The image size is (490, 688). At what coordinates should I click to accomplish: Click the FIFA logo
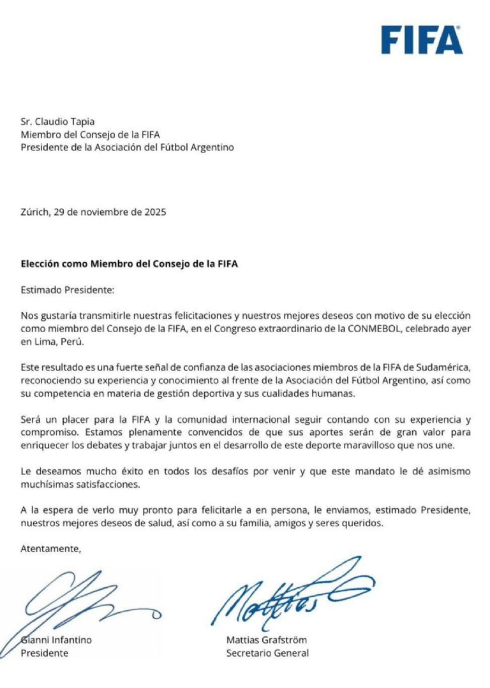click(422, 40)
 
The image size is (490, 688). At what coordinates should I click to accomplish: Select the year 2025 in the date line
click(153, 212)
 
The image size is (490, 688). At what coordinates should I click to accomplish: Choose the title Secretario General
click(267, 653)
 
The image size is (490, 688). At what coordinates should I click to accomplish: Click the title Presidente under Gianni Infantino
click(45, 653)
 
